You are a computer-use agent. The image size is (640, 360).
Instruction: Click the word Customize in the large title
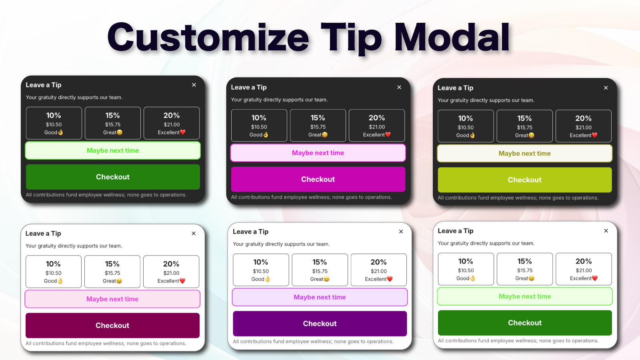point(208,38)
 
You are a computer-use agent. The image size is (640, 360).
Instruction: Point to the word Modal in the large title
point(452,38)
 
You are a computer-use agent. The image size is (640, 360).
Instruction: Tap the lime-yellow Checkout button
point(524,180)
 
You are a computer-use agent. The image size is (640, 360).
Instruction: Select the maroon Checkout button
point(112,326)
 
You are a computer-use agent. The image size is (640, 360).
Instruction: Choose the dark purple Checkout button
point(320,324)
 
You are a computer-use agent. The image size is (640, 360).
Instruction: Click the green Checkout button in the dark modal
point(113,177)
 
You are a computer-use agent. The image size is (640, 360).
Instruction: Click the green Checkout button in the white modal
point(524,323)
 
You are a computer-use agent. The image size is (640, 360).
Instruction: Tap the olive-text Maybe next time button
point(524,154)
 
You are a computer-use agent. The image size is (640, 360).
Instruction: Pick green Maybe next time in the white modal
point(524,296)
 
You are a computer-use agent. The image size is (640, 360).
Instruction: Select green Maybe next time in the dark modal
point(113,150)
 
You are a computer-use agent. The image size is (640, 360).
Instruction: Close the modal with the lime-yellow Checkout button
point(606,88)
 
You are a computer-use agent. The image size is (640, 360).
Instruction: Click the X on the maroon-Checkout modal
point(194,234)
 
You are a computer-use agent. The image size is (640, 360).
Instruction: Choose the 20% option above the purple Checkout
point(378,270)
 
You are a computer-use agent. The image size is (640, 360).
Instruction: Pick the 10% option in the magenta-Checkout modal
point(259,126)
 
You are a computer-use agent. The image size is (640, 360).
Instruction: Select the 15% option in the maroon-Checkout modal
point(112,272)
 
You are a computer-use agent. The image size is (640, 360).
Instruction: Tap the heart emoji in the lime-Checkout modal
point(594,135)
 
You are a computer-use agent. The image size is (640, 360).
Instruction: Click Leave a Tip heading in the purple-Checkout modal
point(250,232)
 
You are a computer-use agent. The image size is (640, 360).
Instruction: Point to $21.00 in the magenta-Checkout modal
point(377,127)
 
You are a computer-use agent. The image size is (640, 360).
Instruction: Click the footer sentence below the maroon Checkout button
point(106,343)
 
